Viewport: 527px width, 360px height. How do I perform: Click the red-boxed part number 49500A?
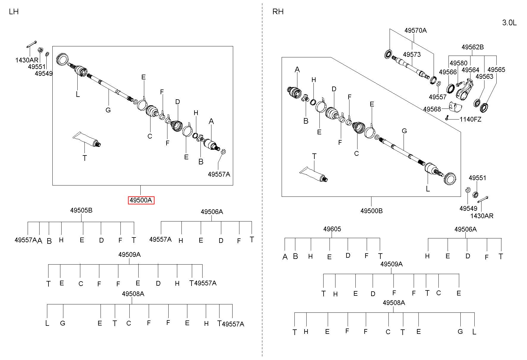click(x=141, y=200)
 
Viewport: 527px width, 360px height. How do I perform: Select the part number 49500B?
click(x=371, y=211)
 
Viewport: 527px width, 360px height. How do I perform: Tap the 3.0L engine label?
click(x=509, y=23)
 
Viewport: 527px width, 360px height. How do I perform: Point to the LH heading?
click(x=14, y=12)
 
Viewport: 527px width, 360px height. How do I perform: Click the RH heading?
click(x=278, y=12)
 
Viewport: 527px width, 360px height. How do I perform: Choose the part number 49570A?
click(x=415, y=30)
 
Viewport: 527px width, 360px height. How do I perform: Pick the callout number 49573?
click(x=412, y=54)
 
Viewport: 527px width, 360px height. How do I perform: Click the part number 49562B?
click(x=473, y=47)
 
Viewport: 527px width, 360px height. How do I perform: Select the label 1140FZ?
click(x=470, y=119)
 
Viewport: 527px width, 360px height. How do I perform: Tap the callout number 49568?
click(x=432, y=109)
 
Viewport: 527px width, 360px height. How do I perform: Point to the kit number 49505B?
click(x=81, y=210)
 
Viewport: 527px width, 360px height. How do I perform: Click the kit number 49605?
click(x=332, y=229)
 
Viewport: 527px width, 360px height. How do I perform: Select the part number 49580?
click(x=459, y=63)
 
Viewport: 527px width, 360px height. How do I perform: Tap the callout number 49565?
click(x=496, y=70)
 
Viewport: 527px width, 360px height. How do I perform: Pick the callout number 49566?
click(x=448, y=72)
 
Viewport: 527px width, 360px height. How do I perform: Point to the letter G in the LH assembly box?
click(x=108, y=110)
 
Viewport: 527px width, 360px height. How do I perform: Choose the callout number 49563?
click(x=484, y=76)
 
